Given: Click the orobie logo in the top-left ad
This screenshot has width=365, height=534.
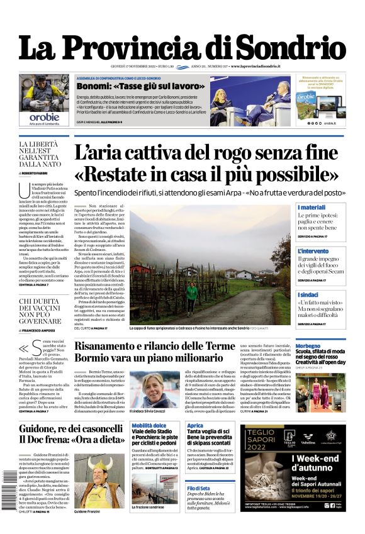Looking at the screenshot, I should [x=45, y=116].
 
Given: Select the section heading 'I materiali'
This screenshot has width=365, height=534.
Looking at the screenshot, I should [x=312, y=208].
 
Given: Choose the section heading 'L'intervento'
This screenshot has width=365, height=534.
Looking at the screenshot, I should [x=313, y=251].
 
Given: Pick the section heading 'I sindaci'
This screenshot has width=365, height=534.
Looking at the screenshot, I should [x=308, y=294].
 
